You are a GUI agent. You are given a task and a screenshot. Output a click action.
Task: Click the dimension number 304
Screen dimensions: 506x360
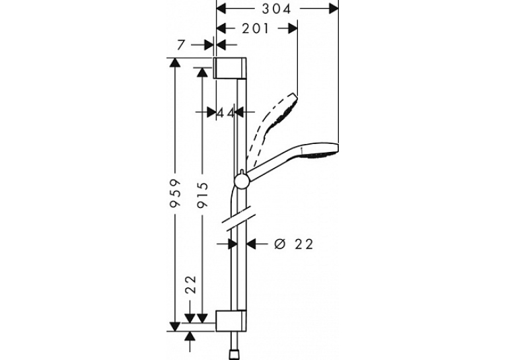point(276,9)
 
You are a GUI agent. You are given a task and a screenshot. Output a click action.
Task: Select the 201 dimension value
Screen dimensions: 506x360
point(255,28)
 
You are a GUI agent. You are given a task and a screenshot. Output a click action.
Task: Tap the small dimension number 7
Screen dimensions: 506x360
point(182,45)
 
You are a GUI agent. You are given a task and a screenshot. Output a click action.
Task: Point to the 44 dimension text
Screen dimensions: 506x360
point(225,113)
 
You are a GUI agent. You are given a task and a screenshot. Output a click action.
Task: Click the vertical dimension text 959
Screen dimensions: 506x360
point(175,193)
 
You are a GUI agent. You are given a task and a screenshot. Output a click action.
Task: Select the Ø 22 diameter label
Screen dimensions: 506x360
point(293,244)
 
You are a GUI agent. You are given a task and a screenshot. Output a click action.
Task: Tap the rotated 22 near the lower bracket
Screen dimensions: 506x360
point(191,284)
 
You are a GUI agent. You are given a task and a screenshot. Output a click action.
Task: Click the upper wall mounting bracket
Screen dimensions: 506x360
point(230,68)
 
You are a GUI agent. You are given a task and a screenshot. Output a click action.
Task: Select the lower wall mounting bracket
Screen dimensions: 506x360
point(231,321)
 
